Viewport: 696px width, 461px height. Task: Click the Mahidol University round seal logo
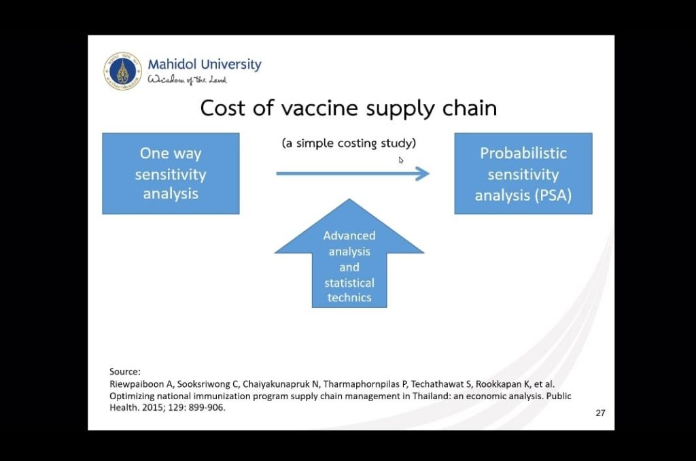[122, 71]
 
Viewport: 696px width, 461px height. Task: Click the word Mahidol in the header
[172, 65]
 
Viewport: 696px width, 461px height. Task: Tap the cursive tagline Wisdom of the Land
[187, 80]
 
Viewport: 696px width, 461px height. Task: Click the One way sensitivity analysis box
[171, 173]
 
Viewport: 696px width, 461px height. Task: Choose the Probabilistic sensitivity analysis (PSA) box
[523, 173]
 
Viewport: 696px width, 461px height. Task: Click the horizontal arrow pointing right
[353, 173]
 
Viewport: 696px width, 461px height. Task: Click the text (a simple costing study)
[349, 143]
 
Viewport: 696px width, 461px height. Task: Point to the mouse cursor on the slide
[400, 160]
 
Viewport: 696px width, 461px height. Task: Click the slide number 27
[600, 413]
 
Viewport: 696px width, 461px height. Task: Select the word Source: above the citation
[125, 372]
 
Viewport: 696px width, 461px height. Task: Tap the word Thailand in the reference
[431, 396]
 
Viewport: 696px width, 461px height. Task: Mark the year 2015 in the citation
[153, 407]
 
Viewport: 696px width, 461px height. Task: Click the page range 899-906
[207, 407]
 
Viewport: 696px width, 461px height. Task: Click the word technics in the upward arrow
[349, 298]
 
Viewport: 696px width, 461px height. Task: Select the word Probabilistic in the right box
[523, 153]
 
